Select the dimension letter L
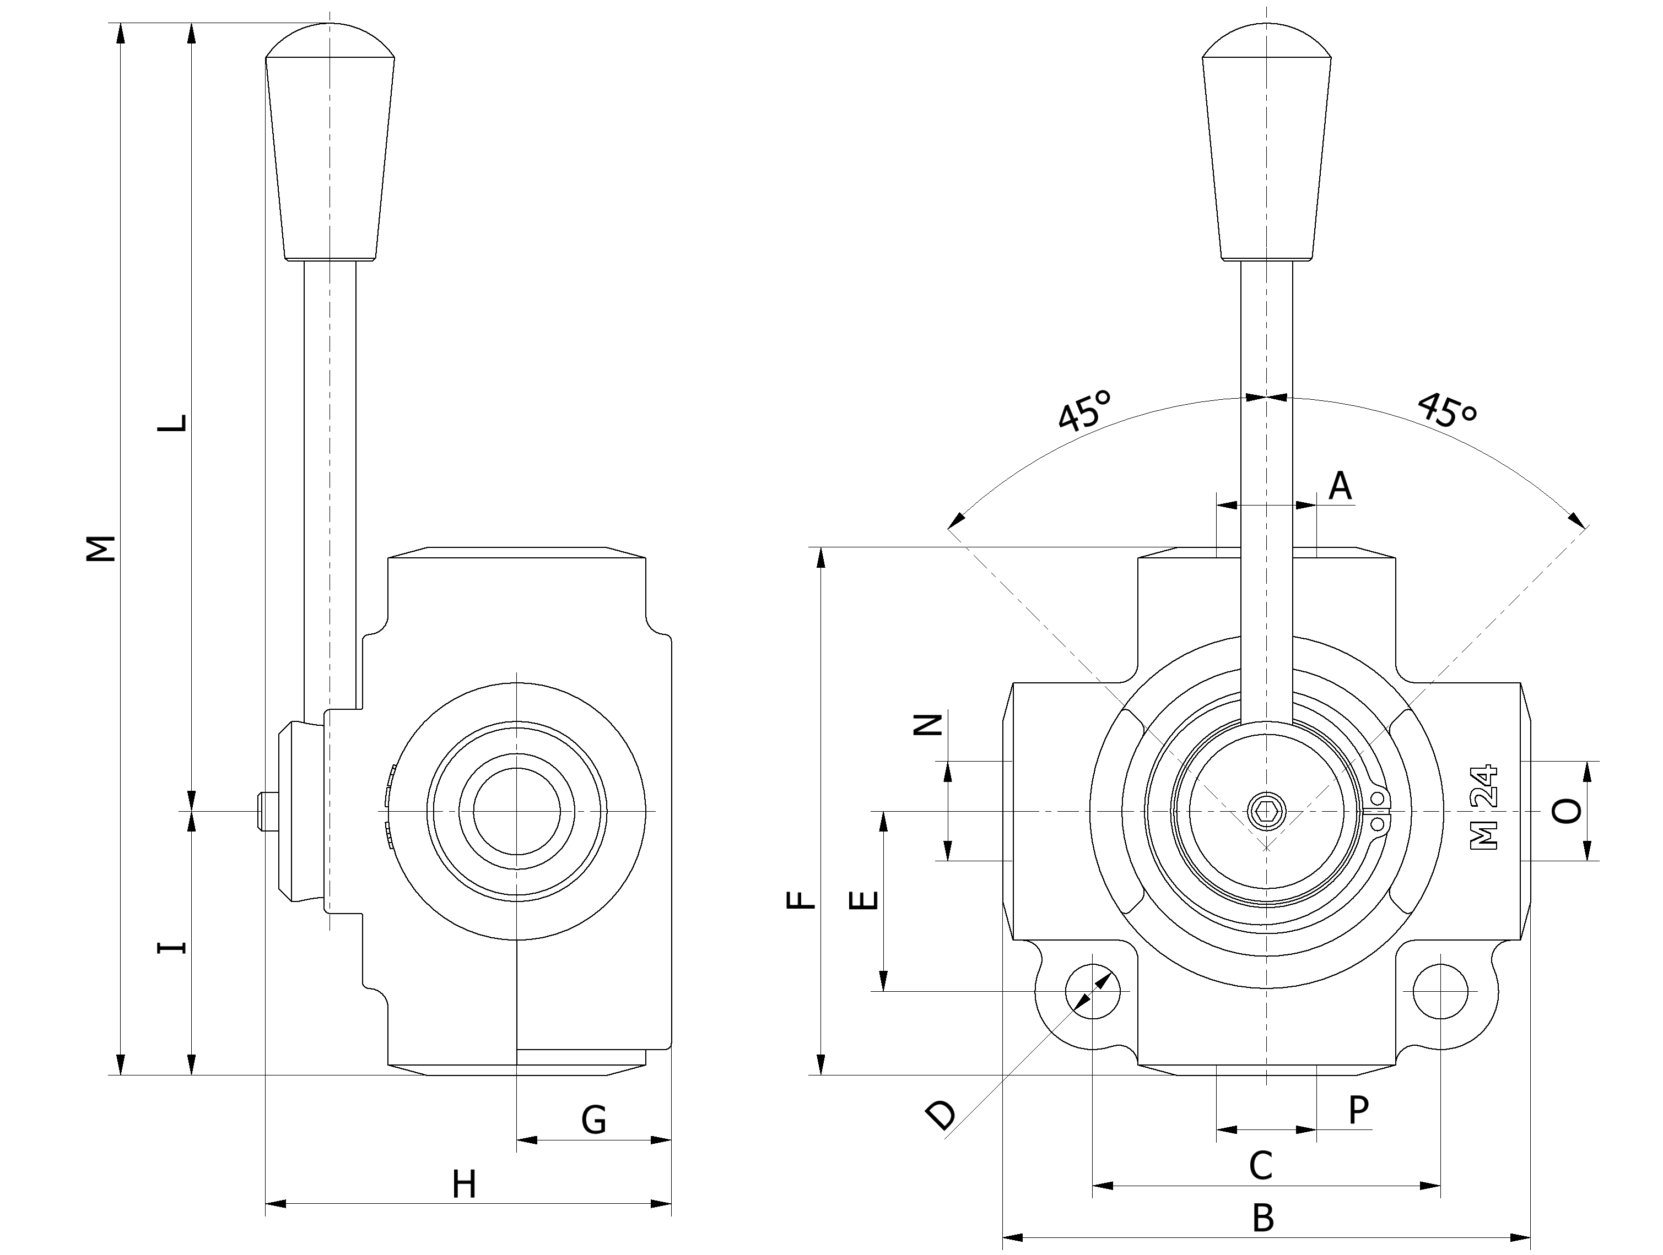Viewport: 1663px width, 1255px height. tap(171, 422)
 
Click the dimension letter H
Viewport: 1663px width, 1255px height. tap(464, 1185)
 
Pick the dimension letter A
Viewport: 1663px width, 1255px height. tap(1340, 486)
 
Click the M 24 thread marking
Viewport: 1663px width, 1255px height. tap(1484, 808)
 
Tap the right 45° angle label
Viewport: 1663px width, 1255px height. tap(1447, 410)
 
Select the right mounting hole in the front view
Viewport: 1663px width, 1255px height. tap(1440, 991)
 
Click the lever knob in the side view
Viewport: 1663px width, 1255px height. tap(330, 143)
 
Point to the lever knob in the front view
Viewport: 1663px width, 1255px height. tap(1266, 143)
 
